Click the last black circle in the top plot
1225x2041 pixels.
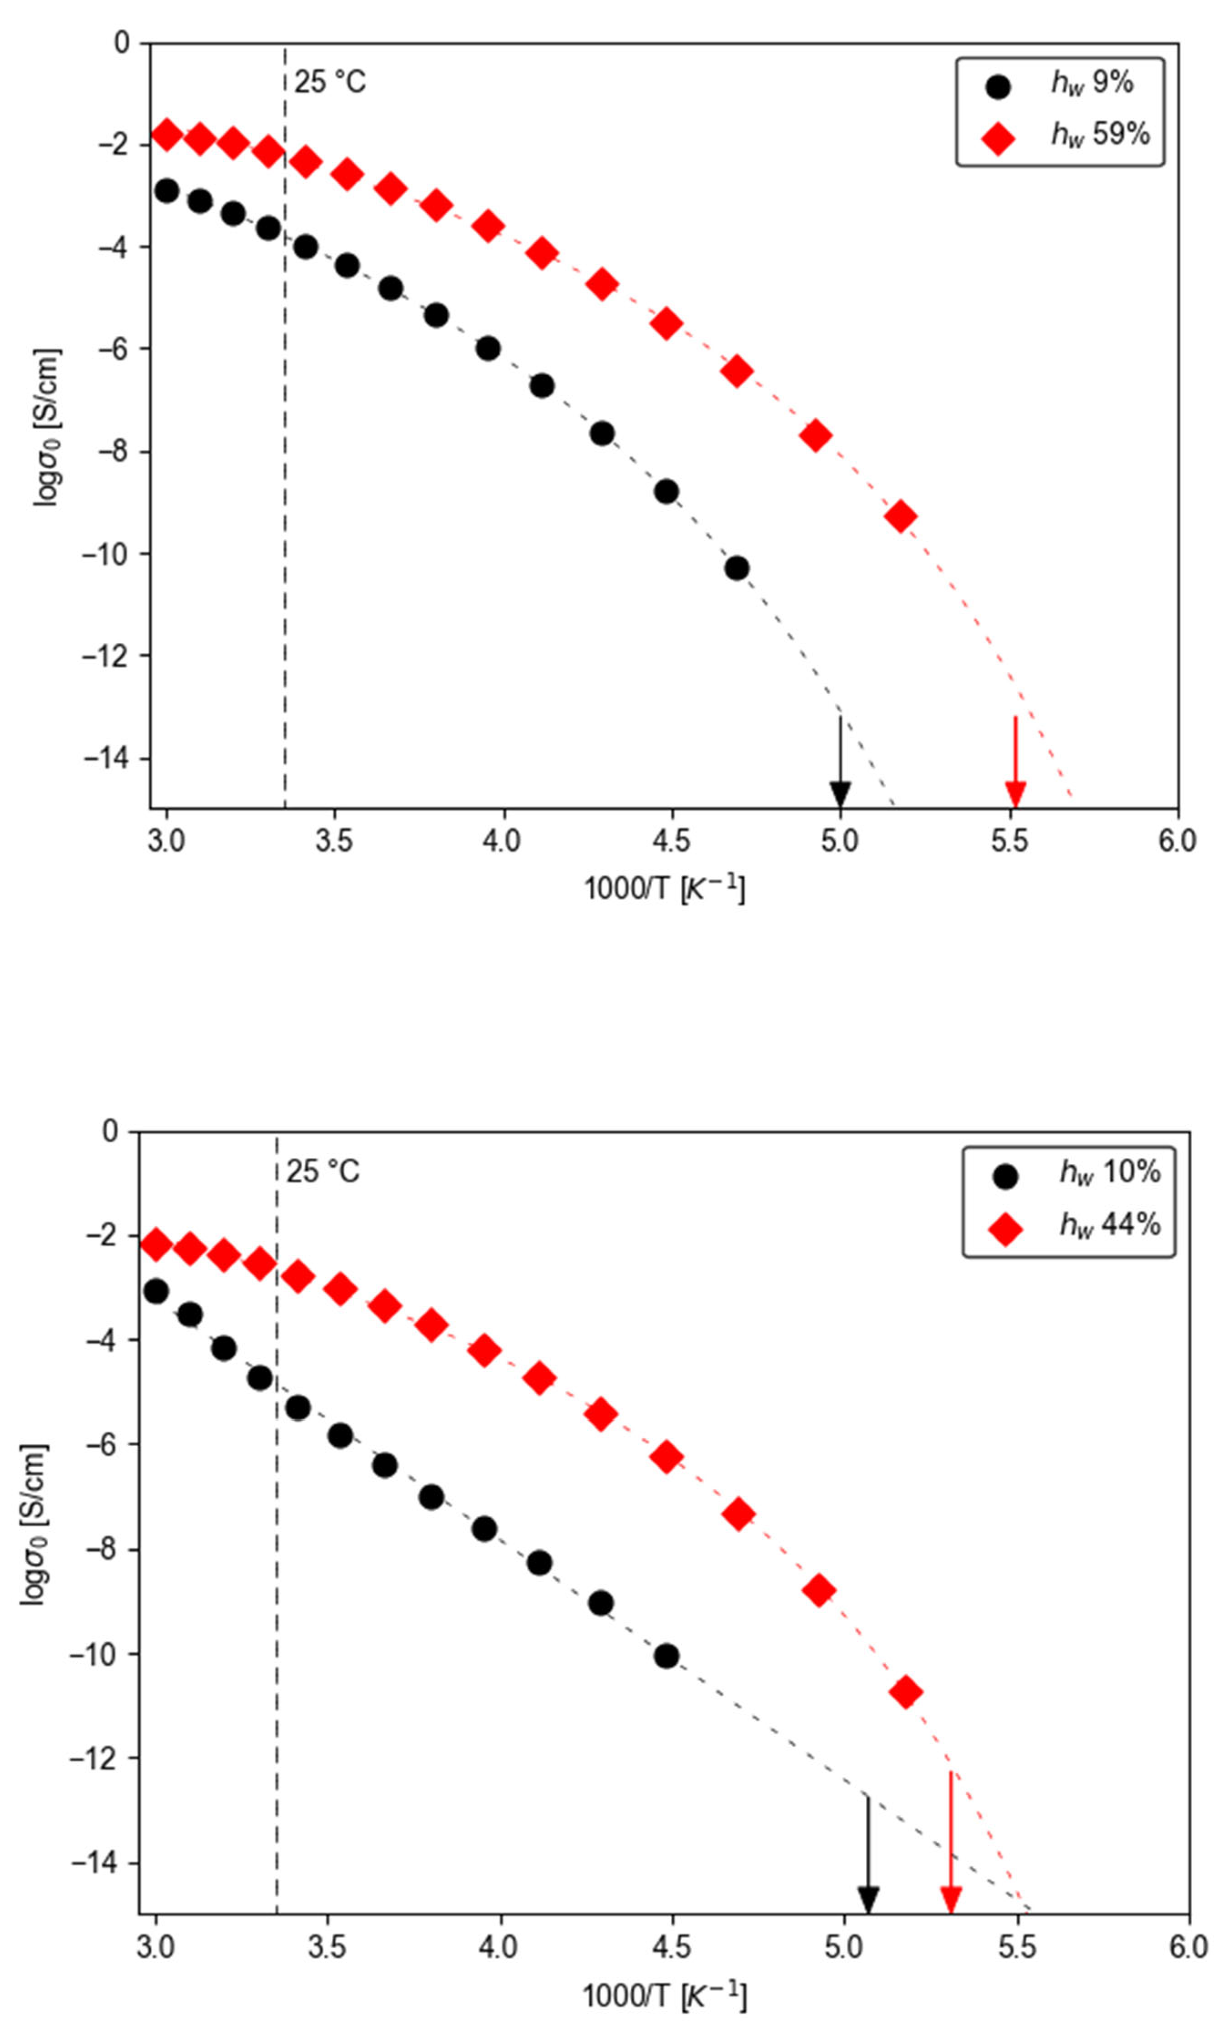pyautogui.click(x=736, y=568)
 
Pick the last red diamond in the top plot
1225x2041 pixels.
pyautogui.click(x=901, y=517)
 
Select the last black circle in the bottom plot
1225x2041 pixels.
pyautogui.click(x=666, y=1656)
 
